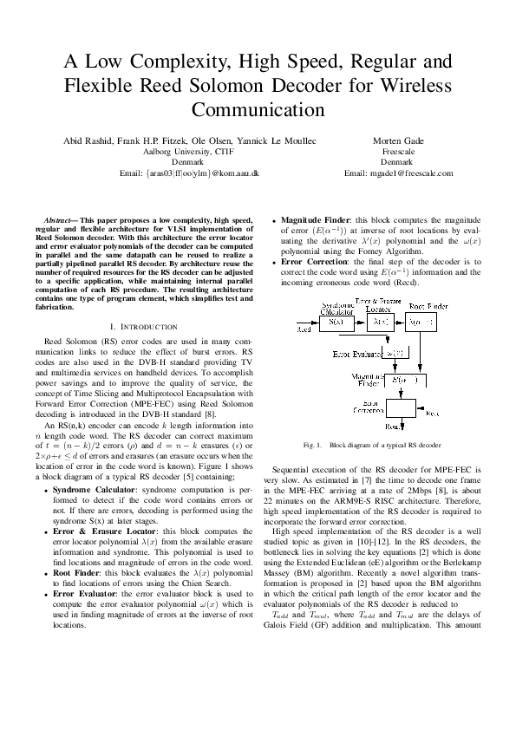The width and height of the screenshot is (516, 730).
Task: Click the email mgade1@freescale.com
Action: point(398,173)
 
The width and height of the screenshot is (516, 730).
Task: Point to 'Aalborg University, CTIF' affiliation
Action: point(188,151)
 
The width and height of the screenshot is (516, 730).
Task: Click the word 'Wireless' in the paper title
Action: point(415,87)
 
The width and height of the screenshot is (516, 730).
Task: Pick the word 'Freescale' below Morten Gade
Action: point(398,151)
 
